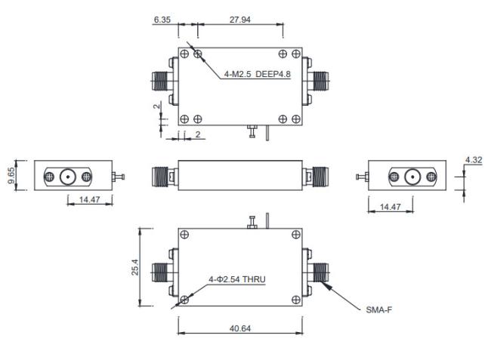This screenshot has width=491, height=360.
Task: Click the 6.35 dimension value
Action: [162, 20]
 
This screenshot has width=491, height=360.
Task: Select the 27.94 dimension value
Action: [240, 20]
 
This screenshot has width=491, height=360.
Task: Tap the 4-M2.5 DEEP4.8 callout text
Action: [257, 74]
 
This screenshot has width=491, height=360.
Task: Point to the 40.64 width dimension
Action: [240, 328]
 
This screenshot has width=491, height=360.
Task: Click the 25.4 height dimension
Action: [134, 267]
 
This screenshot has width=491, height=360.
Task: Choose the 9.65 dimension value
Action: [11, 175]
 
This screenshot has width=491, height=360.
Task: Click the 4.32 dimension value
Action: [474, 160]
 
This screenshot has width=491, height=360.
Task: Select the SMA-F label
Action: [379, 310]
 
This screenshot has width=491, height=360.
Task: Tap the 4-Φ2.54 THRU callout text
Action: [237, 279]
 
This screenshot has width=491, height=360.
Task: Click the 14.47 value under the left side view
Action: [90, 199]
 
